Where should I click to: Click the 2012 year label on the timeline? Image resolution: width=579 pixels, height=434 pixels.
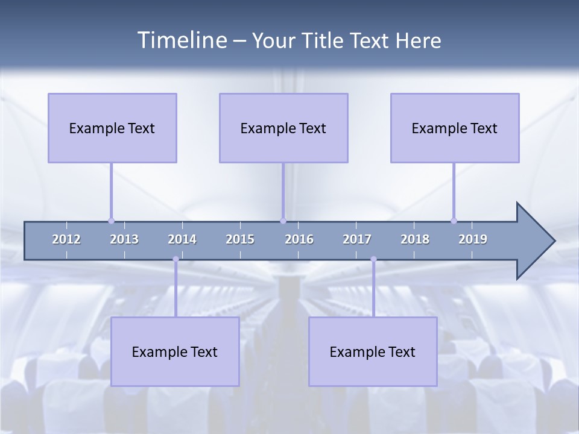point(66,239)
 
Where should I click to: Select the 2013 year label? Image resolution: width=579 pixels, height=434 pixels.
point(124,239)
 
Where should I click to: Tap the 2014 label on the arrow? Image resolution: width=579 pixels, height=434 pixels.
point(182,239)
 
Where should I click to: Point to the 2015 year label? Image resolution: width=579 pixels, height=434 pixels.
point(240,239)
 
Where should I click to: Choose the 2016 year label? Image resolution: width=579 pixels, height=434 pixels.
point(299,239)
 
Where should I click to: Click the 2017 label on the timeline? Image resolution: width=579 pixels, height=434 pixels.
point(357,239)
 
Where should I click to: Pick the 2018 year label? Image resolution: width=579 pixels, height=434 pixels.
point(415,239)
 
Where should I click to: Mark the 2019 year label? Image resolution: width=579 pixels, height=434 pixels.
point(473,239)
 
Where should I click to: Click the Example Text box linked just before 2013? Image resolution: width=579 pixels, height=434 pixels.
point(112,128)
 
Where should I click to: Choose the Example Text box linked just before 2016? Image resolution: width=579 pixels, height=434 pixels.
point(283,128)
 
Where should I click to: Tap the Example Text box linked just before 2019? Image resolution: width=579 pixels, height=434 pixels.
point(455,128)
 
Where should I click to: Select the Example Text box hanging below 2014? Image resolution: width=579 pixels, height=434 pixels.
point(175,351)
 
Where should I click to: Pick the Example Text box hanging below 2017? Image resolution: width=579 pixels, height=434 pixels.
point(373,351)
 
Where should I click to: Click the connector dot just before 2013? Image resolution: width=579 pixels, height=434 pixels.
point(111,221)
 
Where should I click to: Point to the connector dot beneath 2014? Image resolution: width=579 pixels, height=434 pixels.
point(176,259)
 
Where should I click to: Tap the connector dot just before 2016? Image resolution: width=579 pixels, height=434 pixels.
point(283,221)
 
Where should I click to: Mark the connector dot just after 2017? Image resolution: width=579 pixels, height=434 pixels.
point(373,259)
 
